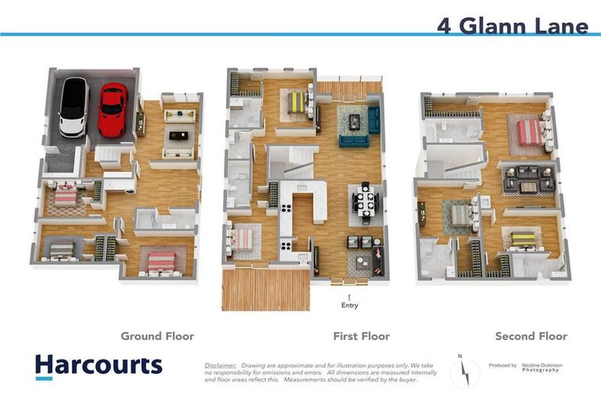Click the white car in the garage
73,107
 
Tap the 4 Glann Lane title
513,26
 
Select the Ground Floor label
157,336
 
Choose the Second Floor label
531,336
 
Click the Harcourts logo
99,366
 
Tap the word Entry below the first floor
350,305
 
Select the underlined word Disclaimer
220,366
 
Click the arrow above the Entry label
350,294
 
